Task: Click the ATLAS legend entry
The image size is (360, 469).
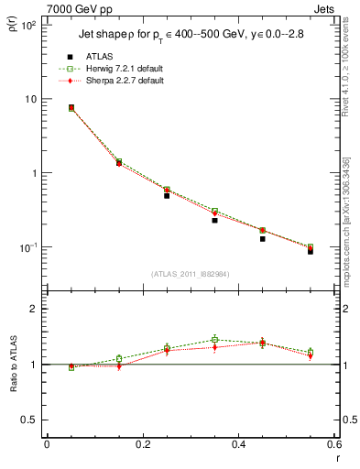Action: click(x=99, y=56)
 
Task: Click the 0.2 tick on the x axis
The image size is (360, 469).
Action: click(x=142, y=444)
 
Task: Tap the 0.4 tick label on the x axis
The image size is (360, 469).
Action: click(x=238, y=444)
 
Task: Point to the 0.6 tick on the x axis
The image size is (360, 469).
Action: click(x=333, y=444)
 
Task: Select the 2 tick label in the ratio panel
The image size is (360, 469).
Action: click(x=34, y=309)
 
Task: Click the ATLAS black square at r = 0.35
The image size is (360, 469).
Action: click(x=214, y=220)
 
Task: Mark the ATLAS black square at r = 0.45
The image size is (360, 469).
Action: click(x=263, y=238)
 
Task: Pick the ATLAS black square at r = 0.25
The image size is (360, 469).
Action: click(x=167, y=195)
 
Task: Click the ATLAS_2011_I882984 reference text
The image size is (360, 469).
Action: click(x=190, y=274)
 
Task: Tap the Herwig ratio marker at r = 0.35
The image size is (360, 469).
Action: click(x=214, y=340)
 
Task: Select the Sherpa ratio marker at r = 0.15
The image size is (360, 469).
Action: click(x=119, y=365)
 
